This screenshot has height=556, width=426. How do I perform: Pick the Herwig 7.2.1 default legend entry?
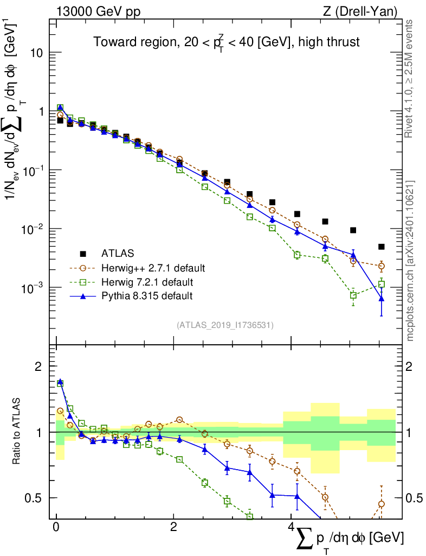pos(147,282)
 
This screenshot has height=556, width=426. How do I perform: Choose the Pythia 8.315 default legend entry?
pos(146,296)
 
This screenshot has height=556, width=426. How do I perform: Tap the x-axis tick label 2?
pos(173,527)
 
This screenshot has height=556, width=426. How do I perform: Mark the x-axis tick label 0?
pos(56,527)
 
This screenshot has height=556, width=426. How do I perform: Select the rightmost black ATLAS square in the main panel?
pos(382,247)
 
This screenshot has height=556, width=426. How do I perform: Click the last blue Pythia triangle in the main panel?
pos(382,299)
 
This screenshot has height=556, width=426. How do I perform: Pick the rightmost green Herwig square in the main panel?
pos(382,284)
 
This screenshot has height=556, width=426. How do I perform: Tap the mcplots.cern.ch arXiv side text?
pos(411,260)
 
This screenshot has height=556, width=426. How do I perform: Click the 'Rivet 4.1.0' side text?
pos(411,79)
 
